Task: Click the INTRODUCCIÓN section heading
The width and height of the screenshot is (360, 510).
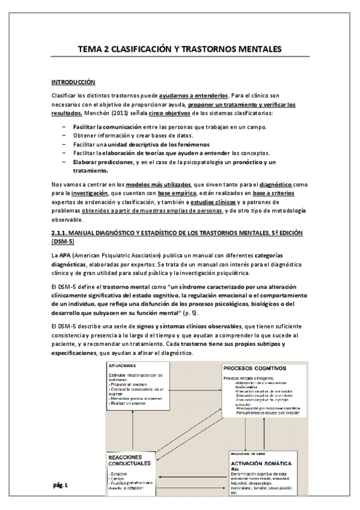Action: tap(73, 82)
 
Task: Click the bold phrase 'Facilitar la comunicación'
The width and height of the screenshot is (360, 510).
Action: tap(108, 128)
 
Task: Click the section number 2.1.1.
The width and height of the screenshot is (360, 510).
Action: tap(59, 233)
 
